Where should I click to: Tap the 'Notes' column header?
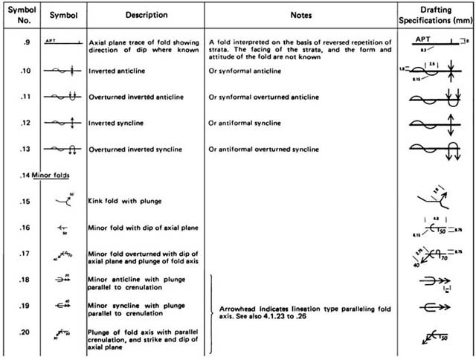pos(300,14)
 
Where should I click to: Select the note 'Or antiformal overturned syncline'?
pos(267,149)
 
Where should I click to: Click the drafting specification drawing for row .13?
pos(437,149)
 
